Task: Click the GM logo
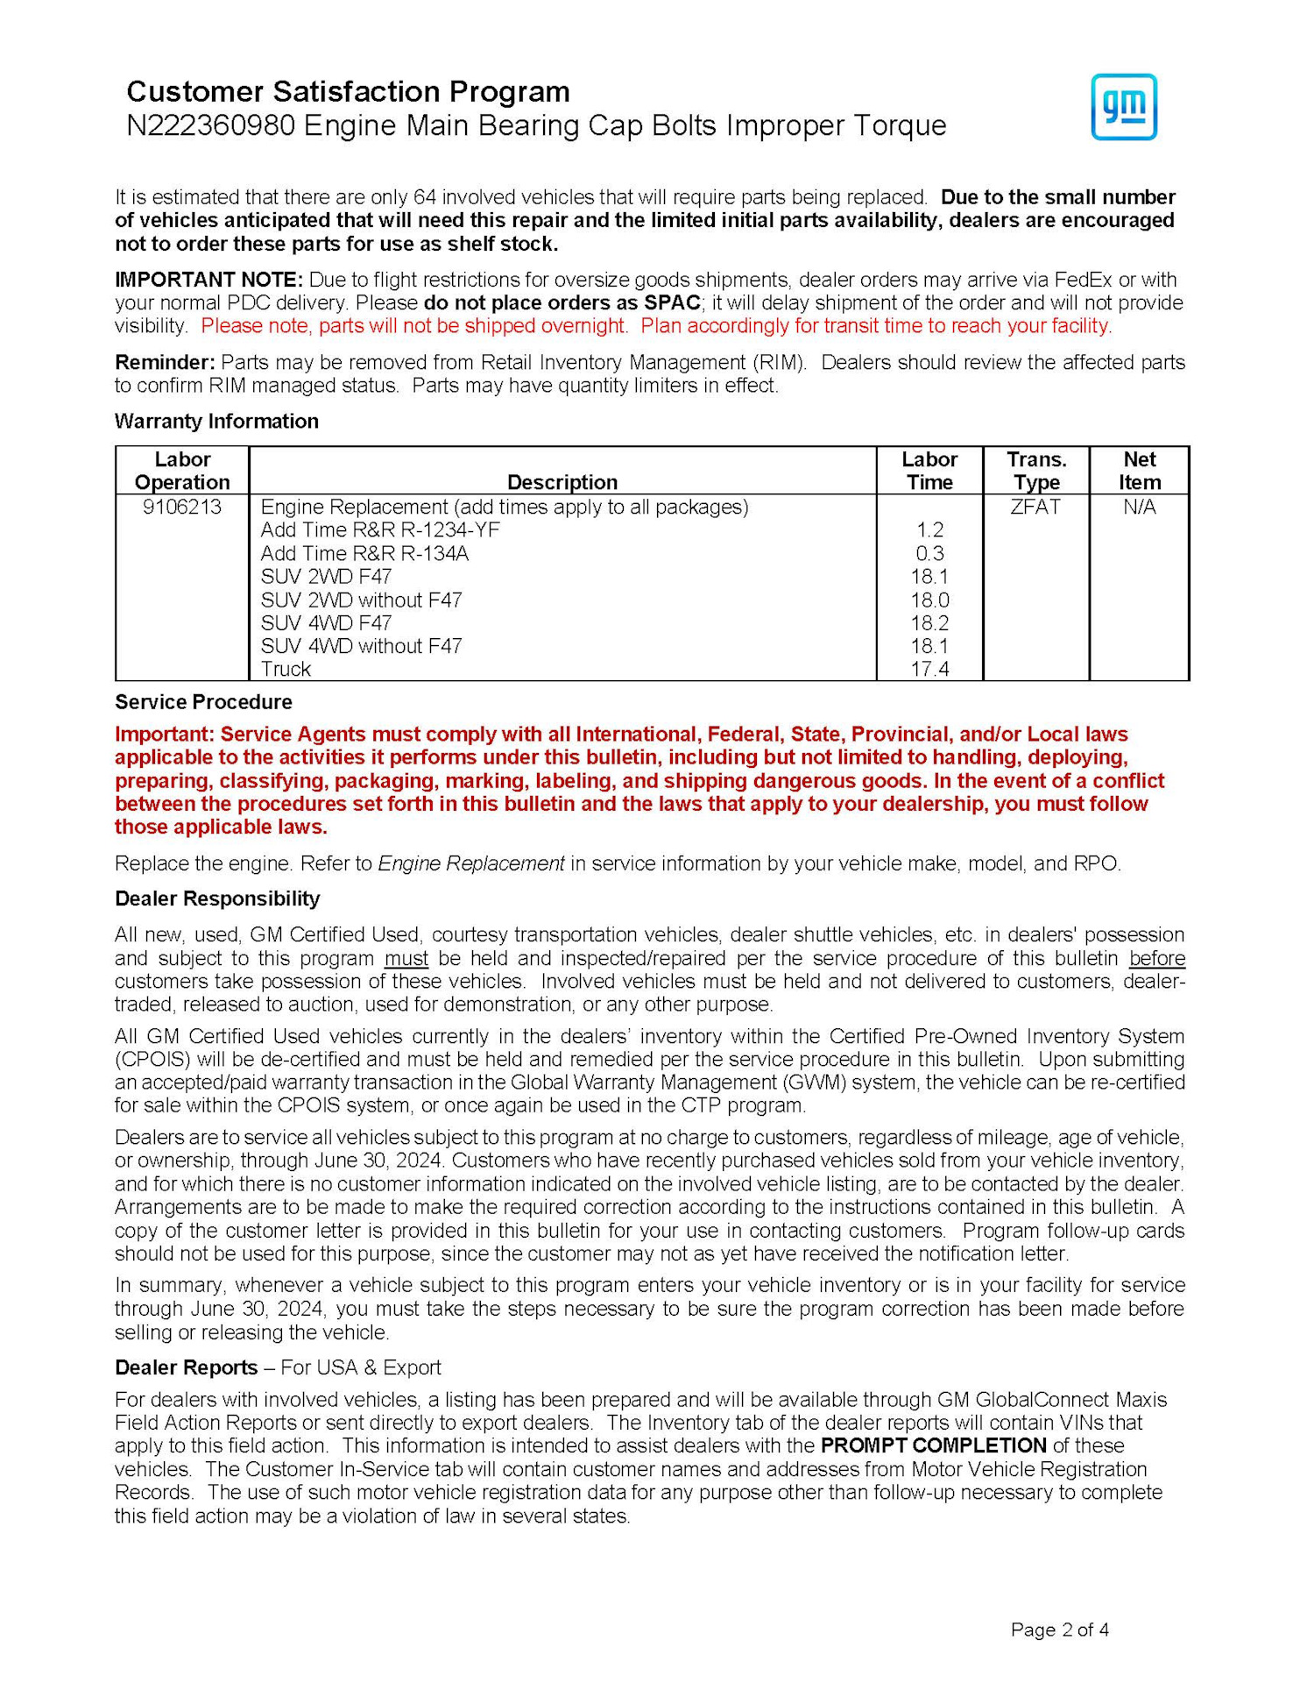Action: (x=1123, y=107)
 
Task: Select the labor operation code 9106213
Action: (x=182, y=508)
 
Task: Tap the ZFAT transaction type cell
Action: (x=1035, y=508)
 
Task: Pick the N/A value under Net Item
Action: (x=1139, y=508)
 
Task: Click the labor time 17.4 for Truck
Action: (x=929, y=670)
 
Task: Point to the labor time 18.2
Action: (x=929, y=623)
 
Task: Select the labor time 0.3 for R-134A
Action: (x=929, y=554)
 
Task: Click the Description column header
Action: (x=562, y=482)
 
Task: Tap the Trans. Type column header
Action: (x=1036, y=471)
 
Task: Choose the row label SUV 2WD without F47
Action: (x=361, y=600)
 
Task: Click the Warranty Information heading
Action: (x=216, y=422)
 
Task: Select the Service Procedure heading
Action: (x=203, y=702)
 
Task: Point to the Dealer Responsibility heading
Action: (x=217, y=898)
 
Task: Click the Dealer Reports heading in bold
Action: (x=186, y=1367)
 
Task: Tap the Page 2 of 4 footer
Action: (x=1059, y=1630)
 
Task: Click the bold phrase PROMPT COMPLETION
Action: (x=933, y=1445)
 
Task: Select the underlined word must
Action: (x=406, y=958)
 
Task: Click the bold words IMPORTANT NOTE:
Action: (x=208, y=280)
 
